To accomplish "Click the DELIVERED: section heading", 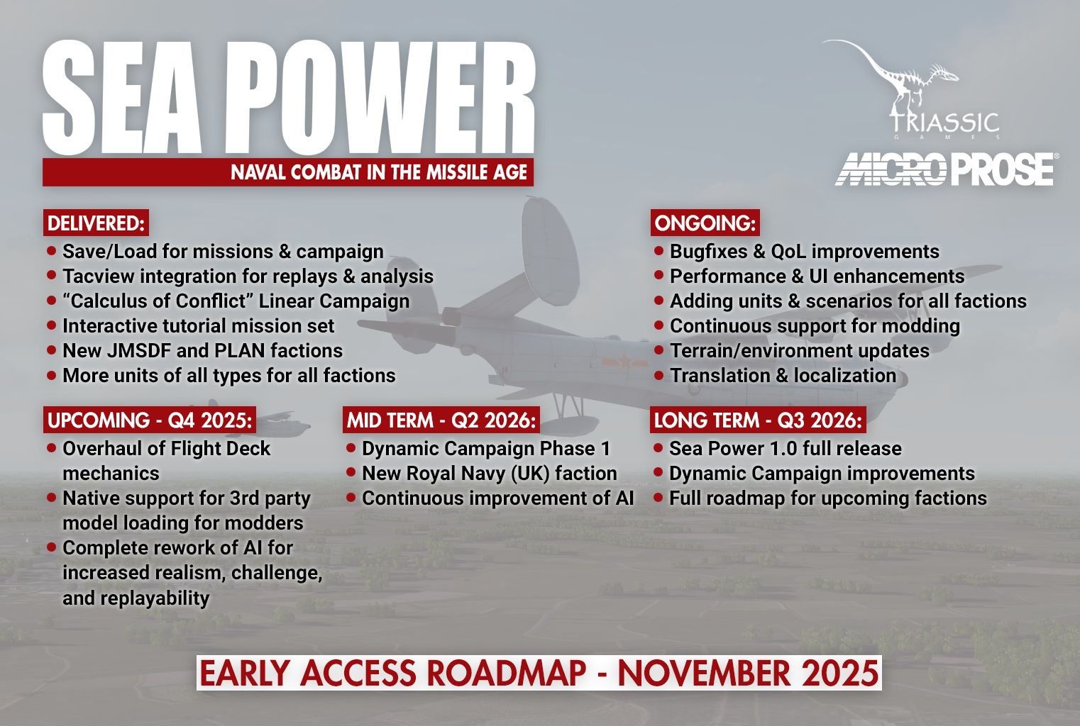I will point(96,223).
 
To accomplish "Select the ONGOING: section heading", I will point(704,223).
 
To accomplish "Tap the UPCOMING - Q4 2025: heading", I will point(150,420).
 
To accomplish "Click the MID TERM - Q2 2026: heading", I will point(441,420).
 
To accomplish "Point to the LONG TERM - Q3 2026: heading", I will point(758,420).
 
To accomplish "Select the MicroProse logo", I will point(944,169).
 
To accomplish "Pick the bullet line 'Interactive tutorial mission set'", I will point(198,326).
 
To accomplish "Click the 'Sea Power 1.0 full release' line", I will point(785,449).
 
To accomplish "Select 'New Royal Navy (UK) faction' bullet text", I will point(489,474).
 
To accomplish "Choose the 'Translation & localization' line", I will point(783,376).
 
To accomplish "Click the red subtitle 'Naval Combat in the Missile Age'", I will point(379,172).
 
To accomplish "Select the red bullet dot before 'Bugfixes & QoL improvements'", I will point(659,251).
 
